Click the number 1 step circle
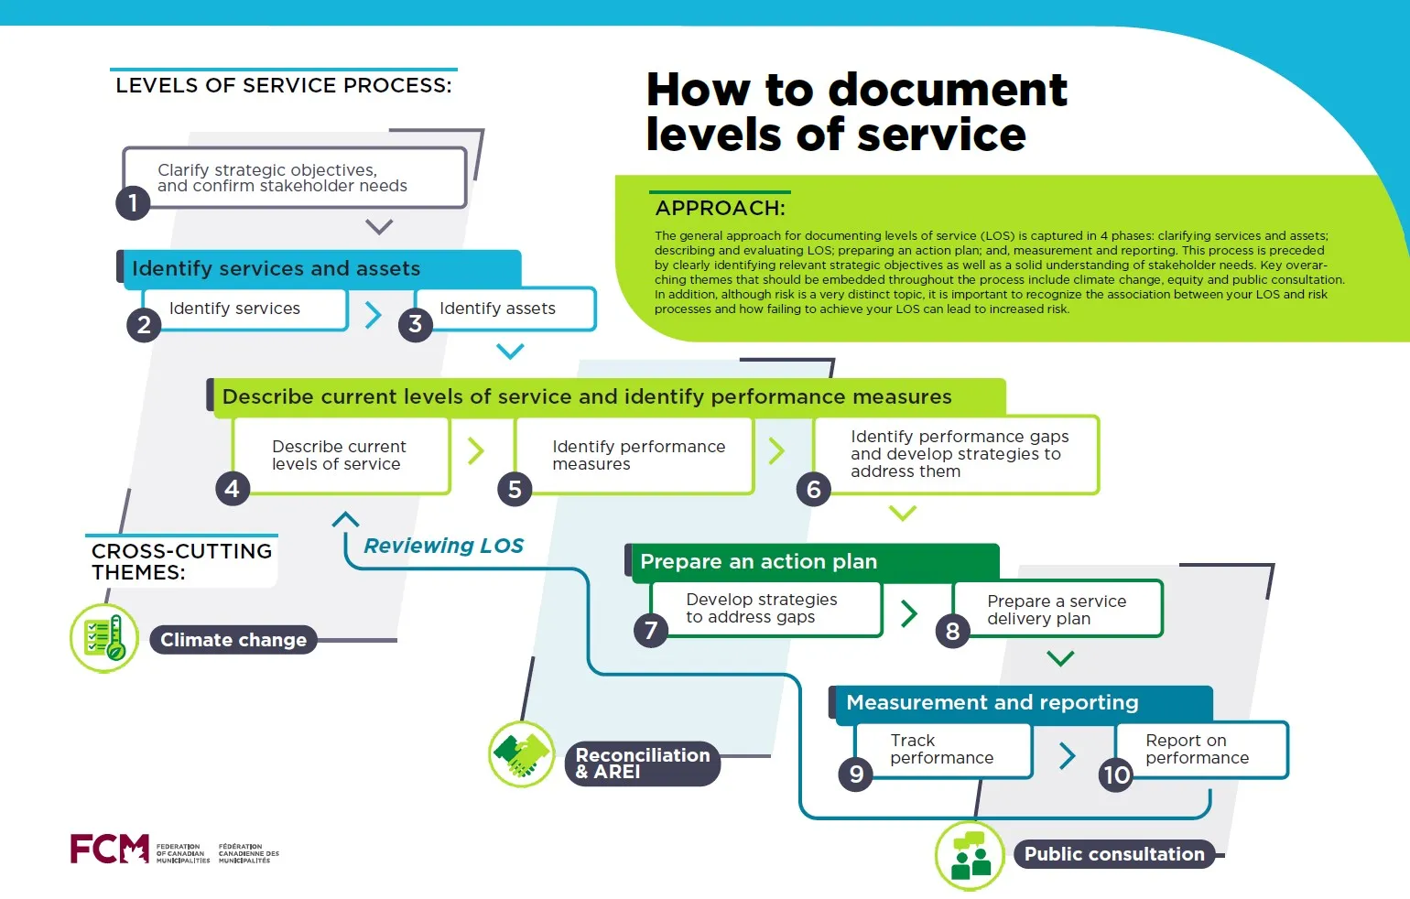(133, 202)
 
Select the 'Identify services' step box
(244, 309)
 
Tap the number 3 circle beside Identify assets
(416, 324)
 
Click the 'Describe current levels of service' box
(341, 455)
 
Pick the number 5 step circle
(515, 490)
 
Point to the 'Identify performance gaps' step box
(956, 454)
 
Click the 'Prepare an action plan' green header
(813, 562)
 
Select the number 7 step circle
(651, 630)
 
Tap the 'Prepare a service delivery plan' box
(1057, 610)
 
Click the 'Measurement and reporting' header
(1021, 703)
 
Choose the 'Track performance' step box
(943, 750)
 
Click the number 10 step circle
(1116, 775)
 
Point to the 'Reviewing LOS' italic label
(443, 546)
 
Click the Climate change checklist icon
(104, 638)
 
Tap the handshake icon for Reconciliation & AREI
(522, 754)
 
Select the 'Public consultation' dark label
(1114, 854)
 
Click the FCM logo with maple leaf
(110, 849)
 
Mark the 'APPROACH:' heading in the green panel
(721, 208)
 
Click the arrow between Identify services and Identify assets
(373, 315)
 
